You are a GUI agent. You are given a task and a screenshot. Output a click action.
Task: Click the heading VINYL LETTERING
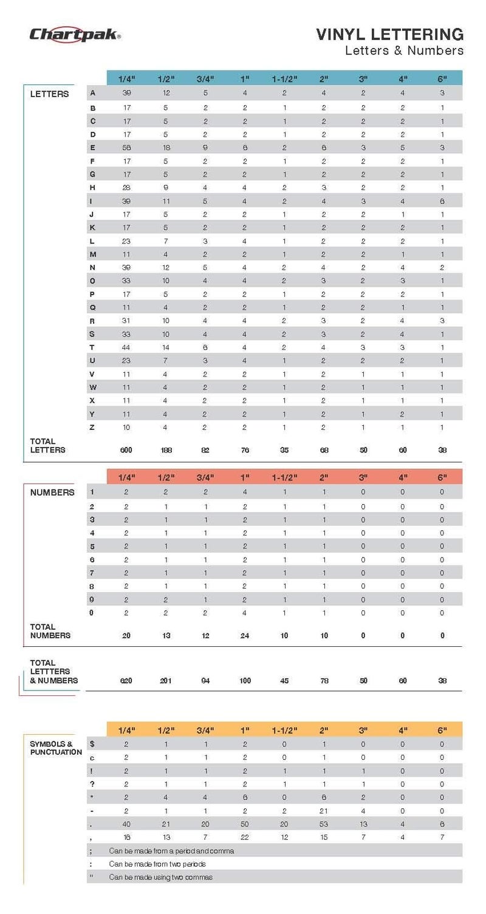[x=389, y=34]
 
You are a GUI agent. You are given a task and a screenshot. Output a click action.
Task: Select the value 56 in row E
[x=127, y=148]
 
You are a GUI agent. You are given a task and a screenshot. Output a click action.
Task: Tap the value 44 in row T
[x=127, y=347]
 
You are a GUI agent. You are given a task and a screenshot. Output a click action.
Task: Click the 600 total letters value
[x=127, y=450]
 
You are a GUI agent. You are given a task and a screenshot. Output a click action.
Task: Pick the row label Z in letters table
[x=92, y=428]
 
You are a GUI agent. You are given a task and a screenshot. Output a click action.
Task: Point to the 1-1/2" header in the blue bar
[x=284, y=79]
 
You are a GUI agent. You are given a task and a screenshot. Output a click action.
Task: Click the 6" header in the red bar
[x=442, y=477]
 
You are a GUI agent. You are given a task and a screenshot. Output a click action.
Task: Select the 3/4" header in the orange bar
[x=205, y=729]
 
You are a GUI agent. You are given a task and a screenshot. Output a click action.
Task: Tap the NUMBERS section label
[x=52, y=493]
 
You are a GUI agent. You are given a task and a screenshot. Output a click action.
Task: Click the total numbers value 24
[x=245, y=635]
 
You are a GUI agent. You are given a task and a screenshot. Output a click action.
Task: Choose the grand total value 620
[x=127, y=681]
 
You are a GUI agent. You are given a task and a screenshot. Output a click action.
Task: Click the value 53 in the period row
[x=324, y=824]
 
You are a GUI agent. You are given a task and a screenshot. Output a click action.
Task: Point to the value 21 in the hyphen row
[x=324, y=811]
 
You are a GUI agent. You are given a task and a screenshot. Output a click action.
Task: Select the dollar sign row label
[x=92, y=744]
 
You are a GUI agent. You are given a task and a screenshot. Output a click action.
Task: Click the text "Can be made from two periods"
[x=157, y=864]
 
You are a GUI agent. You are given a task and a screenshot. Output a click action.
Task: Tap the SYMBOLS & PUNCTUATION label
[x=56, y=748]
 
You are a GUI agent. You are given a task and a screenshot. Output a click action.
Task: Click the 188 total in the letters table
[x=166, y=450]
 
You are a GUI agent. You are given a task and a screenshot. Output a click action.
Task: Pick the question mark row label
[x=92, y=784]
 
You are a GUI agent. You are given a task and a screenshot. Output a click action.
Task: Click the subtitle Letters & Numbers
[x=404, y=50]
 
